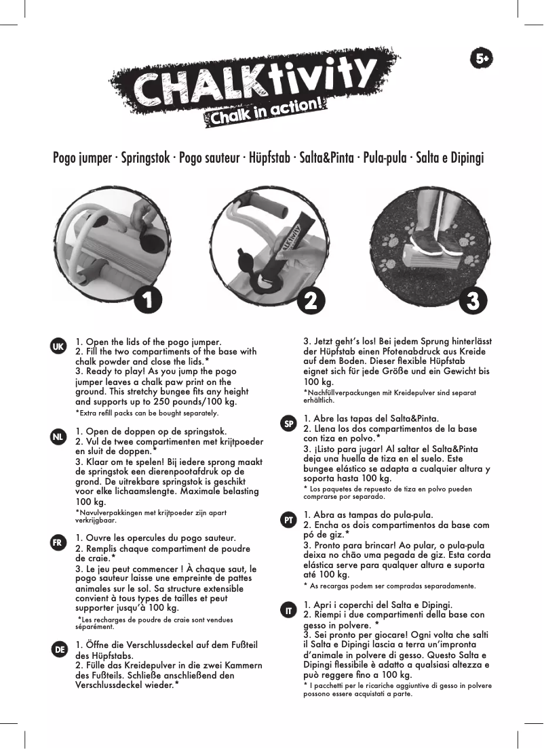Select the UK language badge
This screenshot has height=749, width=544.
click(59, 346)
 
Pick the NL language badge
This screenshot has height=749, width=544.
click(59, 437)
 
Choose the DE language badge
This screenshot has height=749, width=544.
click(59, 649)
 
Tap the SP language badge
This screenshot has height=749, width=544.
click(288, 423)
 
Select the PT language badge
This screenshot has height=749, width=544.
click(288, 520)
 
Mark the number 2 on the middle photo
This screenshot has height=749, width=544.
click(310, 298)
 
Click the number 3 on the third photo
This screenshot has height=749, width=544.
click(475, 298)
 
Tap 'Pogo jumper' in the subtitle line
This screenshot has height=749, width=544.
click(83, 159)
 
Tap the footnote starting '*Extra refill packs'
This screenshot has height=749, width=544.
click(146, 413)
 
